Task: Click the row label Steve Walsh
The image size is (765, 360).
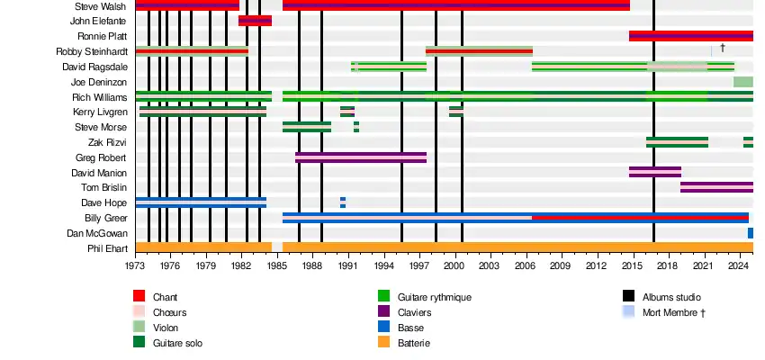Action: (x=101, y=6)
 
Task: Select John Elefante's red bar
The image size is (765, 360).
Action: (x=255, y=21)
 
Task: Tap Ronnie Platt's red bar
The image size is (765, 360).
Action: (x=690, y=36)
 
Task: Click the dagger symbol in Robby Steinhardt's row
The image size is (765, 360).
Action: (x=722, y=47)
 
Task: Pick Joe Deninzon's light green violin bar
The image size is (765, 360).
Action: (x=742, y=82)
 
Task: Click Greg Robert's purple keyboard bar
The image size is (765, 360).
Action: (x=360, y=157)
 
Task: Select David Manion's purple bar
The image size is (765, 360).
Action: (x=654, y=172)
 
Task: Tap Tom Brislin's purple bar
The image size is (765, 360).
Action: (x=716, y=187)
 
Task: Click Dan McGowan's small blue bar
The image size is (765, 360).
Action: (x=750, y=233)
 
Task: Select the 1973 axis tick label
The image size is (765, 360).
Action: (x=136, y=266)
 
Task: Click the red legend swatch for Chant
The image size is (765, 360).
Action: (x=139, y=297)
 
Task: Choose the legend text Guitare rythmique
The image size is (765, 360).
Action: (x=434, y=297)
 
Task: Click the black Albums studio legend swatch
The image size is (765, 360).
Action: (x=628, y=297)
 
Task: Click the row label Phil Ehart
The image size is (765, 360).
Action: (x=107, y=248)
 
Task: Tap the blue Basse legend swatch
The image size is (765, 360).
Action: (x=383, y=328)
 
